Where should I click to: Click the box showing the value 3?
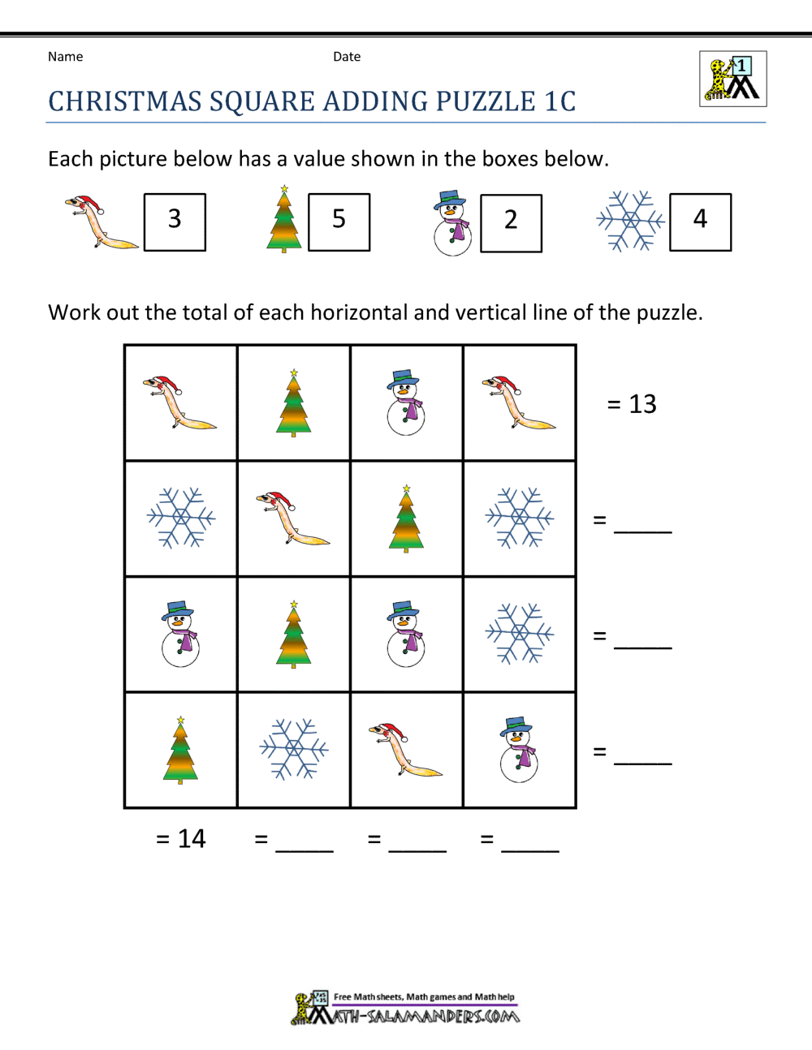point(175,222)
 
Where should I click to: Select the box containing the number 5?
point(339,222)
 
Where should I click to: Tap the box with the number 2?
point(511,222)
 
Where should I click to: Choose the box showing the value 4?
point(700,222)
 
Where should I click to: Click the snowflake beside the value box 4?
point(630,221)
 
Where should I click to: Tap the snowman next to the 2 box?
point(451,223)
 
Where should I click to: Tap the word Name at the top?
point(65,57)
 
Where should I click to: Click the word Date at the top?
point(347,57)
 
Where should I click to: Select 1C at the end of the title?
point(560,102)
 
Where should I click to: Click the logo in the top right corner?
point(732,79)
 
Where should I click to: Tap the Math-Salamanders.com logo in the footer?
point(406,1008)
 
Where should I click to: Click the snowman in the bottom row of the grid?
point(518,749)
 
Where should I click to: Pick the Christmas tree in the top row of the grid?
point(293,403)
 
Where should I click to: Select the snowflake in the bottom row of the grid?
point(293,749)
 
